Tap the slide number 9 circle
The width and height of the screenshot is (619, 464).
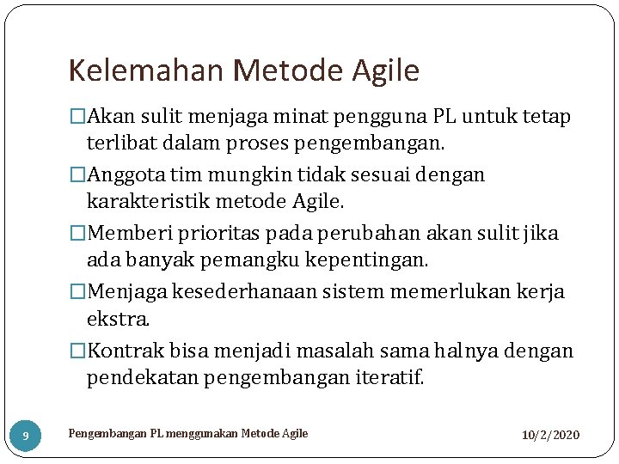coord(26,436)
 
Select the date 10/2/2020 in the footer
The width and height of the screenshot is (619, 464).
coord(550,436)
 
